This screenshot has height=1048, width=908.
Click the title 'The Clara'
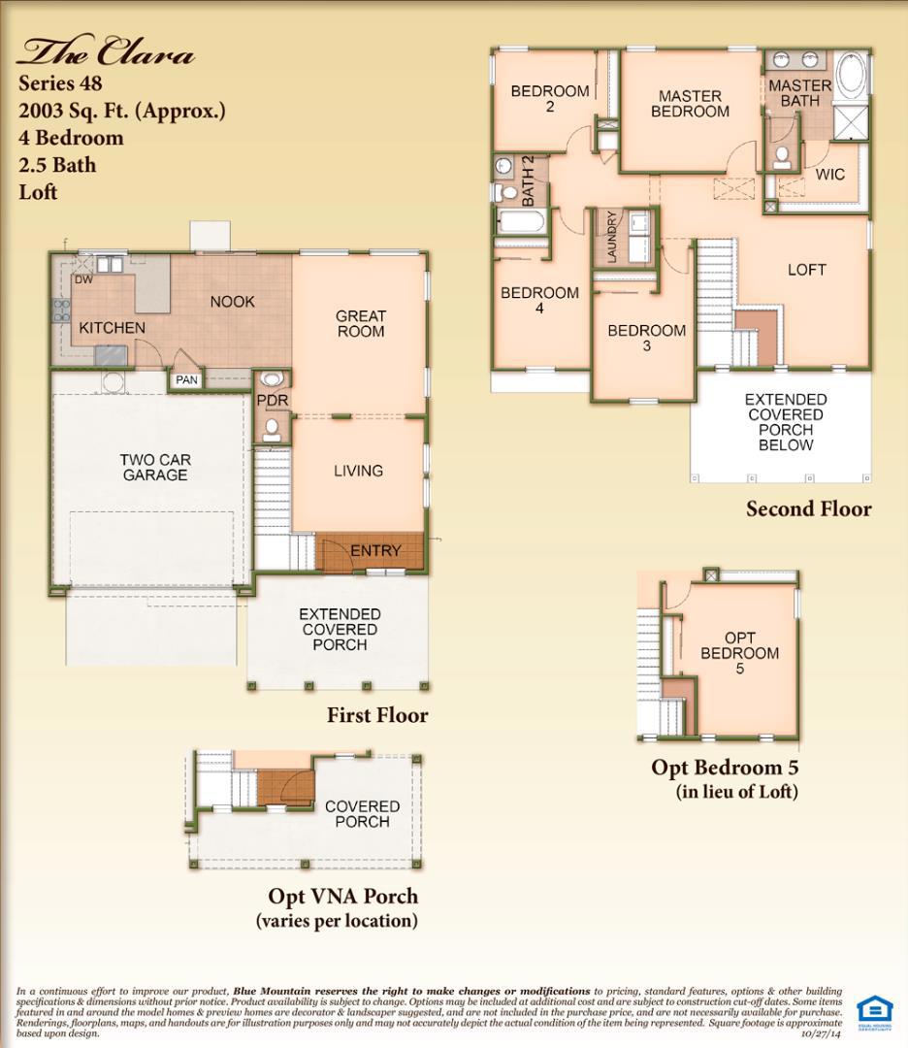pos(106,52)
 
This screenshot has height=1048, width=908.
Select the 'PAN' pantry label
pos(186,380)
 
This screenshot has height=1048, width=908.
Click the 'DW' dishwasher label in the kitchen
pos(83,279)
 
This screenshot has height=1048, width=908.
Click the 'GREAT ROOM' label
pos(361,323)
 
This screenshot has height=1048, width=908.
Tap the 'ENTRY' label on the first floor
pos(375,550)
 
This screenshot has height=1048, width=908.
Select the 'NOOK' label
pos(232,302)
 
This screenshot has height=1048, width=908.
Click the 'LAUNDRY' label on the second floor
pos(612,237)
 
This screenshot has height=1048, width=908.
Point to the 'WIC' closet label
pos(829,175)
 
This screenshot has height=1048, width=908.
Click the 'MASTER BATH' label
pos(799,93)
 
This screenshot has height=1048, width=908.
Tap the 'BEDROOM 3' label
pos(646,338)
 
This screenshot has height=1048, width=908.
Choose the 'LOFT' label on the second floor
pos(806,270)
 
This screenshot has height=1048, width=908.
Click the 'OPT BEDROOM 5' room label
pos(739,653)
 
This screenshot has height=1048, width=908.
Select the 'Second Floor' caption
pos(808,508)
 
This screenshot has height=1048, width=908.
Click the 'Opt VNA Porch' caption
pos(343,895)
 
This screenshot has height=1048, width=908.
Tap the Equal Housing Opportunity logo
pos(872,1011)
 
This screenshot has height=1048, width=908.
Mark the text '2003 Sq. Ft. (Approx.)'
pos(122,111)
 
